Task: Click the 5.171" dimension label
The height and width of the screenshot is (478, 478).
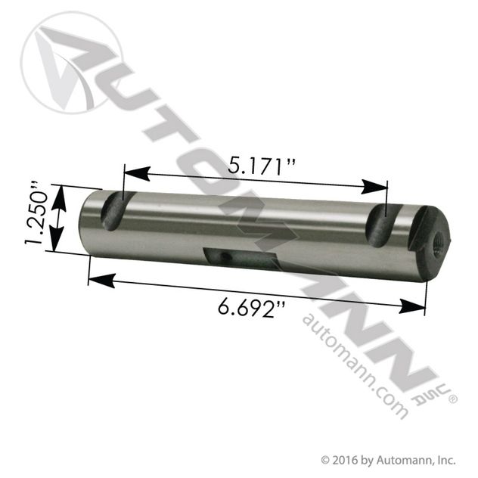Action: point(262,166)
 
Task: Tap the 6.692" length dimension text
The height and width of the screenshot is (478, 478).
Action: point(252,309)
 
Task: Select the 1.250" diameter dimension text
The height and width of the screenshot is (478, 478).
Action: point(37,213)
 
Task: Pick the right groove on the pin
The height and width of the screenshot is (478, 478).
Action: point(383,225)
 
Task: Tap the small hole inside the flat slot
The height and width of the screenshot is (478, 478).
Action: point(226,256)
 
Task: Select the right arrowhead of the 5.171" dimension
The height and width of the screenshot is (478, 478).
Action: point(374,187)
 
